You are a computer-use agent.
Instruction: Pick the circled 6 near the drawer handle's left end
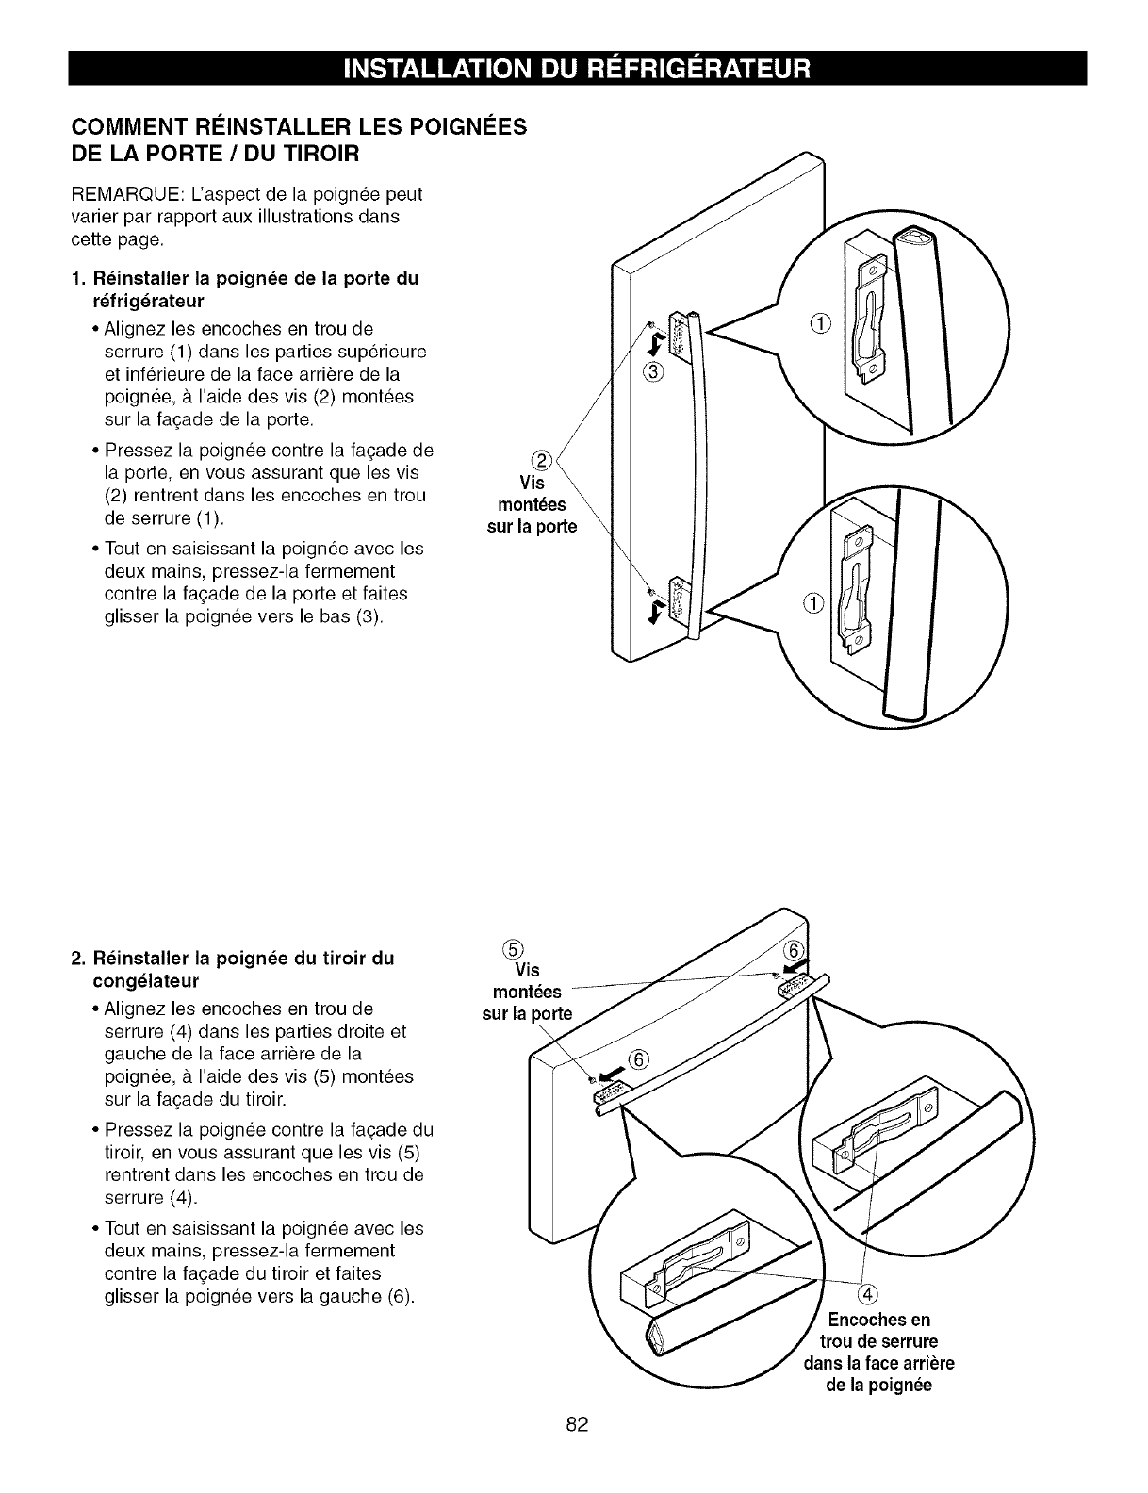[x=638, y=1058]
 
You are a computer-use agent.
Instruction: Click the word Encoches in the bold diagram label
[x=859, y=1319]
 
